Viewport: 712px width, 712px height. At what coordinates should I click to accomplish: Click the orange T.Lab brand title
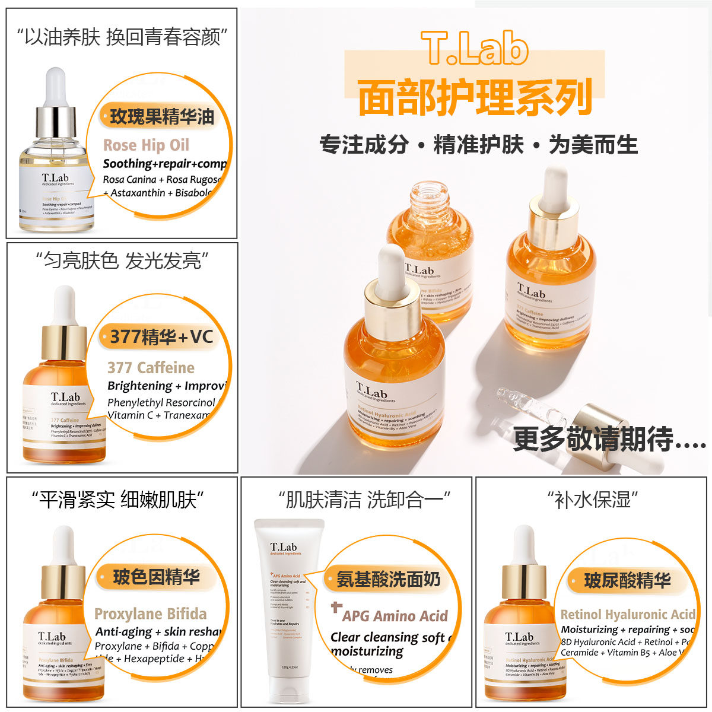point(475,49)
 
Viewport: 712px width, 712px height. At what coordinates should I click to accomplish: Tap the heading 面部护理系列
point(475,97)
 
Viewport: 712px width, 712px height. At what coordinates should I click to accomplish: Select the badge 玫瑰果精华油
point(161,116)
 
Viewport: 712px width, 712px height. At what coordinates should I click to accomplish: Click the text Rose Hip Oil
point(146,145)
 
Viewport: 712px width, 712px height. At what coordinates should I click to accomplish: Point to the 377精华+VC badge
point(161,337)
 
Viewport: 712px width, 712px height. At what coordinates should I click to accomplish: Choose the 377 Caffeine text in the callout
point(151,368)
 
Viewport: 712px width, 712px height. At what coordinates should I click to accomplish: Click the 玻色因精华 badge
point(156,577)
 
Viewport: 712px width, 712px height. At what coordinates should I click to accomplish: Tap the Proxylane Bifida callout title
point(151,614)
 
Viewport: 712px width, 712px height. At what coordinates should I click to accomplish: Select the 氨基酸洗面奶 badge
point(388,579)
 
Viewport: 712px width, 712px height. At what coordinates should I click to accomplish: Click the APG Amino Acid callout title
point(395,616)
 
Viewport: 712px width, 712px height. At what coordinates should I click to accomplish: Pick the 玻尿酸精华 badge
point(627,580)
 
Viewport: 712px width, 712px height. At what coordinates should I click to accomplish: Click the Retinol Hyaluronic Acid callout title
point(628,615)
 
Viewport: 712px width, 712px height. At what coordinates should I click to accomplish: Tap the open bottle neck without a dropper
point(431,199)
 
